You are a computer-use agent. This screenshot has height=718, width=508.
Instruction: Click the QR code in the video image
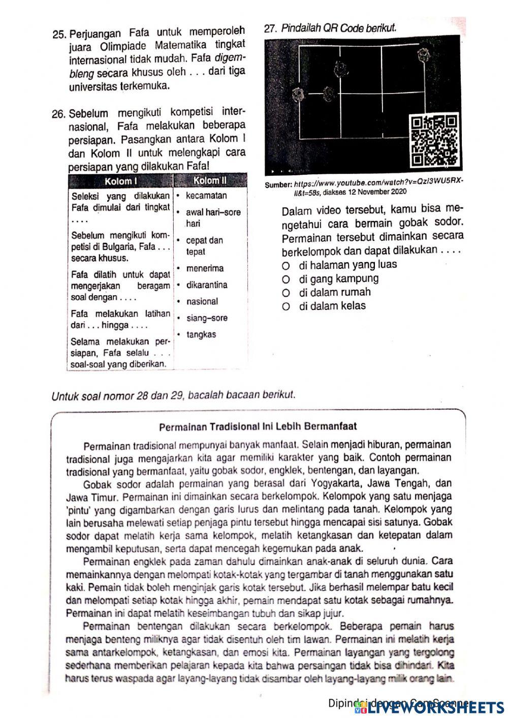(x=434, y=141)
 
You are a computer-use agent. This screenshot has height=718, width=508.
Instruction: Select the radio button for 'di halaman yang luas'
(x=287, y=265)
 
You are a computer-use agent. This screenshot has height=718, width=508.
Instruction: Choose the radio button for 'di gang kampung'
(x=287, y=279)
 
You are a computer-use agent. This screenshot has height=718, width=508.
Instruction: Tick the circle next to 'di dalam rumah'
(x=287, y=293)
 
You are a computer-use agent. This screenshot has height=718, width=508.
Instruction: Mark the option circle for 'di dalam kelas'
(x=287, y=306)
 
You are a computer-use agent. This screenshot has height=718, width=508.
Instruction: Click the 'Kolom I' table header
(x=121, y=181)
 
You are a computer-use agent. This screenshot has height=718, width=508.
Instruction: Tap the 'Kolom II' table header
(x=210, y=181)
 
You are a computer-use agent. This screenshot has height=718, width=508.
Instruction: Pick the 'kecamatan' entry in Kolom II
(x=206, y=196)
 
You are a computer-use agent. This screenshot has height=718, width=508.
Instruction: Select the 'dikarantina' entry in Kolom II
(x=207, y=285)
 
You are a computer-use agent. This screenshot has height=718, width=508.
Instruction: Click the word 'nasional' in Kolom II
(x=202, y=301)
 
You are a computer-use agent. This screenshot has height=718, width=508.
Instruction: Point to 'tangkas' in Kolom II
(x=201, y=334)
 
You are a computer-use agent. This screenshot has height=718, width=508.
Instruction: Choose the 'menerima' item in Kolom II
(x=205, y=268)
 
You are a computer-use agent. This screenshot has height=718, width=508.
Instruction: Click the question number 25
(x=59, y=35)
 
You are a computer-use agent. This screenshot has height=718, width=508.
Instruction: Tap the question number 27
(x=271, y=29)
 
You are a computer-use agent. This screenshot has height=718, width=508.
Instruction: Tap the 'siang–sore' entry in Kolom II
(x=207, y=318)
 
